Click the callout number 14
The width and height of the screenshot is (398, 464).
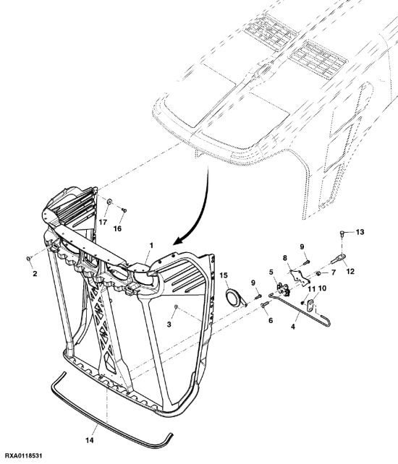90,440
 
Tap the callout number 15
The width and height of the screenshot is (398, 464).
224,275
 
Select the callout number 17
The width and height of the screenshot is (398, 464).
103,222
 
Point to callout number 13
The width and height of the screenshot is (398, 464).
360,232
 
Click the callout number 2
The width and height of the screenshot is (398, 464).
35,274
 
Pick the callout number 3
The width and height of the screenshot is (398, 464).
169,325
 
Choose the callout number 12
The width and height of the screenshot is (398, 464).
350,271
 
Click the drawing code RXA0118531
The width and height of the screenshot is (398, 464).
23,455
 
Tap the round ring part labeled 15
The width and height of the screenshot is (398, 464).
234,298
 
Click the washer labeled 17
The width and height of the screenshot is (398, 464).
109,202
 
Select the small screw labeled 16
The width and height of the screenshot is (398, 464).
124,210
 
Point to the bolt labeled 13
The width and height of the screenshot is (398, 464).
342,233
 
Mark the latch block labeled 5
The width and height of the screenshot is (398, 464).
283,289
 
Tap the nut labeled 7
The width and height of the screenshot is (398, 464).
318,273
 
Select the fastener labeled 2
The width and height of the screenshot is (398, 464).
29,259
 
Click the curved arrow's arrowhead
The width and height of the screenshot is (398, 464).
177,241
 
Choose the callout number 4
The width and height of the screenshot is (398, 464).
293,327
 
